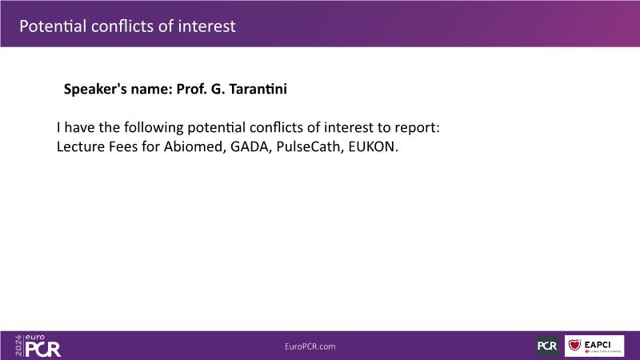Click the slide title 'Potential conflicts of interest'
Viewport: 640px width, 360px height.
127,26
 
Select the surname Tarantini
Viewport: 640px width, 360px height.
258,89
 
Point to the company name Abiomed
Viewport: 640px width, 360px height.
195,146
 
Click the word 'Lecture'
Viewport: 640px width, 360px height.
81,146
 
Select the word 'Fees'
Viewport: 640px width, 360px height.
123,146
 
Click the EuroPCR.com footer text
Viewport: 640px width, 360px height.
310,346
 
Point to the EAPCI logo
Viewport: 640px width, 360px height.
594,346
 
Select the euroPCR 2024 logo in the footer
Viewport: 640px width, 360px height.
38,346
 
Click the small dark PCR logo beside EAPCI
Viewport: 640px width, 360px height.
547,346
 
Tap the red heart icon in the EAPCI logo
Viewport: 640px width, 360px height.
574,345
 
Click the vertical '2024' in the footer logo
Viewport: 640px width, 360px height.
18,346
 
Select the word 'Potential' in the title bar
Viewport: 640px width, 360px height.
53,26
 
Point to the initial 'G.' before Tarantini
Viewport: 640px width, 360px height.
218,89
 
